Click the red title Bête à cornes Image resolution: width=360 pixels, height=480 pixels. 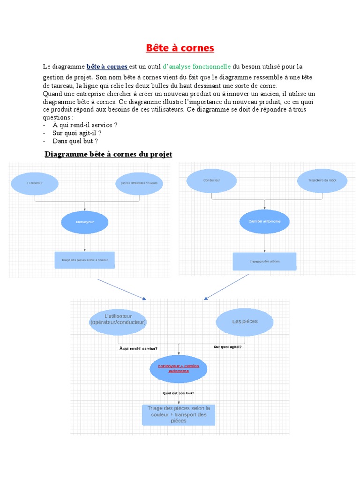pyautogui.click(x=180, y=48)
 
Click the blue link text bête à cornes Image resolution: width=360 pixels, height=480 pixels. pyautogui.click(x=107, y=67)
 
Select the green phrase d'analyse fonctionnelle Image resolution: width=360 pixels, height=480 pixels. pyautogui.click(x=197, y=67)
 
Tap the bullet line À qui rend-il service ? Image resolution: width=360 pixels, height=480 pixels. pyautogui.click(x=85, y=125)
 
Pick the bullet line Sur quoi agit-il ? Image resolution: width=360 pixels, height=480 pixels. pyautogui.click(x=77, y=133)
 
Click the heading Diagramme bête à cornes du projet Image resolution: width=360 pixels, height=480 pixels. pyautogui.click(x=108, y=154)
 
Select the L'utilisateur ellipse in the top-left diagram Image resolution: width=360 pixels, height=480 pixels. pyautogui.click(x=35, y=183)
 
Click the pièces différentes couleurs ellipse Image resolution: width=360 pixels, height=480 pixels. pyautogui.click(x=139, y=183)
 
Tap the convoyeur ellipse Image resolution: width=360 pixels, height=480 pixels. pyautogui.click(x=85, y=223)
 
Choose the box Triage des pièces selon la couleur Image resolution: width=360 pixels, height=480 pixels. pyautogui.click(x=85, y=260)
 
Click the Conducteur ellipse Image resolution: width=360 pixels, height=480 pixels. pyautogui.click(x=212, y=180)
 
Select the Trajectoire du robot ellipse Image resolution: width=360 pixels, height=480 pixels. pyautogui.click(x=322, y=180)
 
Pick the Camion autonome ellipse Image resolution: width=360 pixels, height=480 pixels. pyautogui.click(x=265, y=221)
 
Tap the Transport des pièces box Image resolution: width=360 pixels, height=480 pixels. pyautogui.click(x=265, y=261)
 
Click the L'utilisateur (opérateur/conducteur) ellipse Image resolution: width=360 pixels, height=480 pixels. pyautogui.click(x=118, y=322)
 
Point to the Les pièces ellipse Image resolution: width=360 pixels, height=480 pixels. pyautogui.click(x=245, y=322)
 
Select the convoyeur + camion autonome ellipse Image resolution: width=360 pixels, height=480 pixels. pyautogui.click(x=178, y=368)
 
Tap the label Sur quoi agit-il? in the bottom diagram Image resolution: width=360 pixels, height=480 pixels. pyautogui.click(x=228, y=347)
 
